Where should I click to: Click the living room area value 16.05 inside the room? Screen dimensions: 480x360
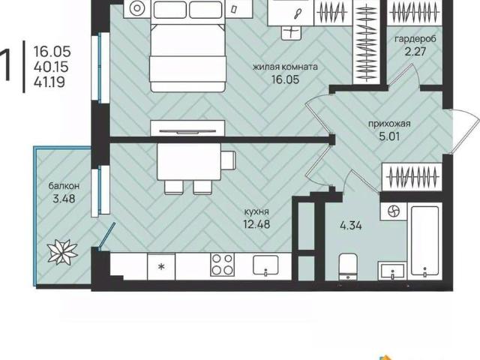pyautogui.click(x=285, y=79)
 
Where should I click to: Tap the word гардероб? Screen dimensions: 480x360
pyautogui.click(x=415, y=39)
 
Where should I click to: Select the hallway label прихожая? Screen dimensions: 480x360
pyautogui.click(x=389, y=124)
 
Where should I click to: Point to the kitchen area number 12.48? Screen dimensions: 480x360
pyautogui.click(x=256, y=224)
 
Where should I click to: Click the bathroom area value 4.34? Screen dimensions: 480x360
pyautogui.click(x=351, y=226)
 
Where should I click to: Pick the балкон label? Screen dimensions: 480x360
pyautogui.click(x=64, y=185)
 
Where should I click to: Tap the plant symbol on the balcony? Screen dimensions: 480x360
pyautogui.click(x=62, y=252)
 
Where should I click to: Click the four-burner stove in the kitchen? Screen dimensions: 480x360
pyautogui.click(x=222, y=265)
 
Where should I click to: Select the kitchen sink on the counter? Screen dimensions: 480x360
pyautogui.click(x=265, y=265)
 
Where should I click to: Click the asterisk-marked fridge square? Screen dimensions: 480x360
pyautogui.click(x=161, y=266)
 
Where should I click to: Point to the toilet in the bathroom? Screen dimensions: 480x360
pyautogui.click(x=348, y=266)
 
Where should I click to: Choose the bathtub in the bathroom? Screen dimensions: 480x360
pyautogui.click(x=424, y=241)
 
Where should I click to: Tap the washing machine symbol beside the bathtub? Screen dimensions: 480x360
pyautogui.click(x=394, y=211)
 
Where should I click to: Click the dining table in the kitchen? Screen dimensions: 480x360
pyautogui.click(x=189, y=162)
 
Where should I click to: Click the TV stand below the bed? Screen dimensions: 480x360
pyautogui.click(x=187, y=128)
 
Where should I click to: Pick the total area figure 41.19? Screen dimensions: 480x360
pyautogui.click(x=49, y=82)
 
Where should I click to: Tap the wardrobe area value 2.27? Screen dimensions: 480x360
pyautogui.click(x=415, y=52)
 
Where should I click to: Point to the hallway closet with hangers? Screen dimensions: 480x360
pyautogui.click(x=412, y=177)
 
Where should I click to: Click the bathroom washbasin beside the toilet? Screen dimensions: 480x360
pyautogui.click(x=392, y=271)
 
